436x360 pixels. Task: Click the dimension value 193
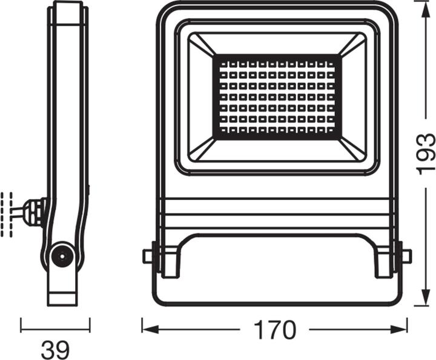[x=425, y=153]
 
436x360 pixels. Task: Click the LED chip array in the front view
[x=277, y=95]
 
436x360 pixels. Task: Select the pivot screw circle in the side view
[x=61, y=257]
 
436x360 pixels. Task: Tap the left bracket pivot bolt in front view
[x=148, y=256]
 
